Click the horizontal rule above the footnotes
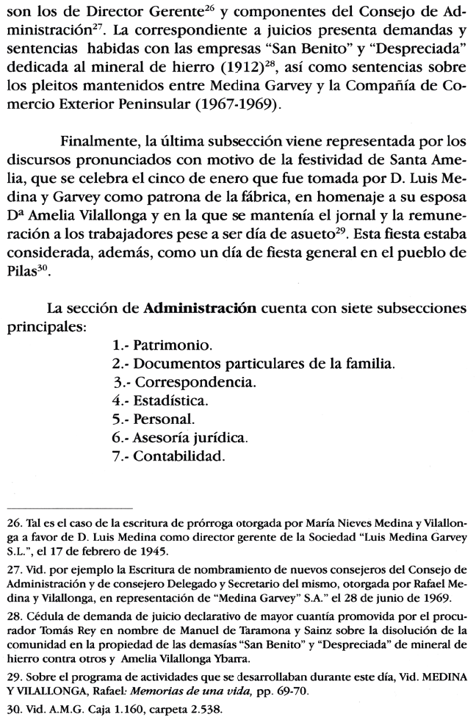click(70, 508)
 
